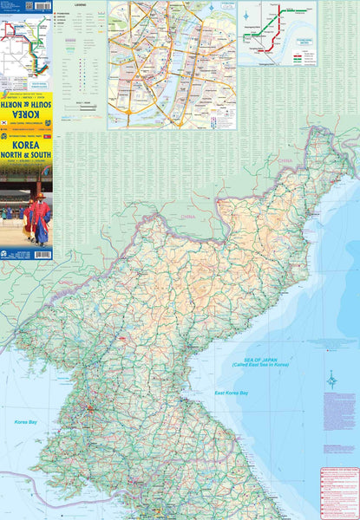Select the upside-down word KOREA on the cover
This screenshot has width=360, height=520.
26,114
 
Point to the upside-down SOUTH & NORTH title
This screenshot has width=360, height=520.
26,100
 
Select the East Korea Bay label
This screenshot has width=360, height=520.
232,393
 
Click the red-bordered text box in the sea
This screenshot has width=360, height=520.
338,491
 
